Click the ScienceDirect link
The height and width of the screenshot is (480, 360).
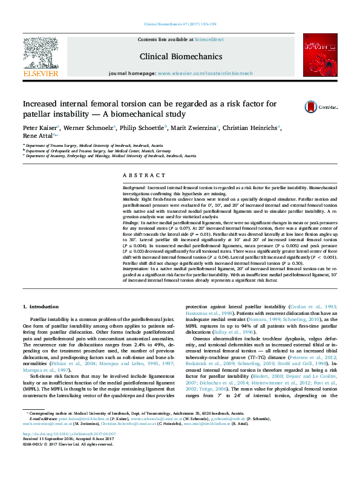point(209,39)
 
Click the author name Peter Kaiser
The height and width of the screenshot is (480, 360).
point(39,128)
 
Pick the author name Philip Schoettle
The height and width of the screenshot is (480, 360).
point(140,128)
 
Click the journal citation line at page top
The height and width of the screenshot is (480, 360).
point(180,24)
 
